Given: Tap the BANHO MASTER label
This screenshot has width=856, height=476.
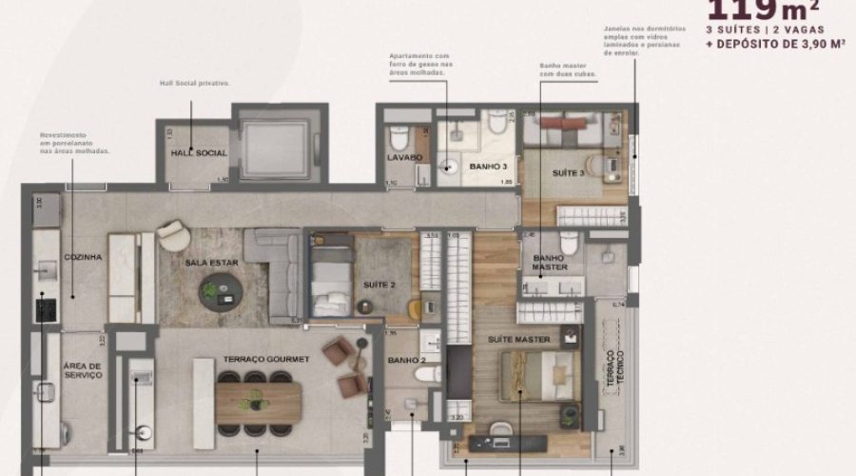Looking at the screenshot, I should pyautogui.click(x=550, y=262).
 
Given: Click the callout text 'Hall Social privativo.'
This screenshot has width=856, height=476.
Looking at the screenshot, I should pyautogui.click(x=195, y=83).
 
